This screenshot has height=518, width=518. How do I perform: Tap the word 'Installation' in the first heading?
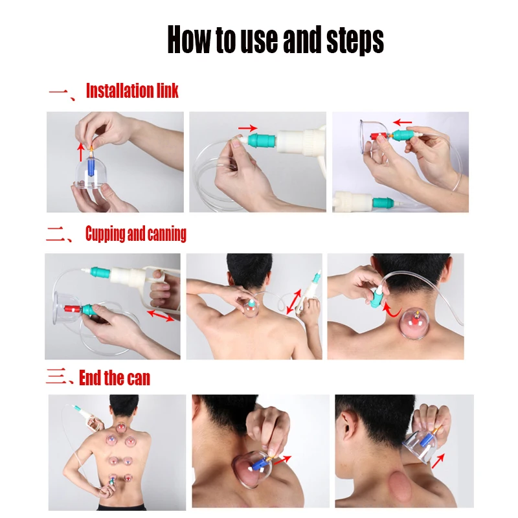(119, 91)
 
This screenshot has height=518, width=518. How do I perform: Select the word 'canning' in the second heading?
(166, 234)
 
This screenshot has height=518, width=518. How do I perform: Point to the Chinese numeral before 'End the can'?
(60, 377)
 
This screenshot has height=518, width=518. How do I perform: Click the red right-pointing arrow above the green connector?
(247, 128)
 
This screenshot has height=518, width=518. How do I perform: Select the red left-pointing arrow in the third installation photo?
(403, 121)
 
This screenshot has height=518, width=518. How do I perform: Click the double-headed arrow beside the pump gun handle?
(161, 316)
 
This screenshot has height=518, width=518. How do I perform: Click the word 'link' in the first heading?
(167, 91)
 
